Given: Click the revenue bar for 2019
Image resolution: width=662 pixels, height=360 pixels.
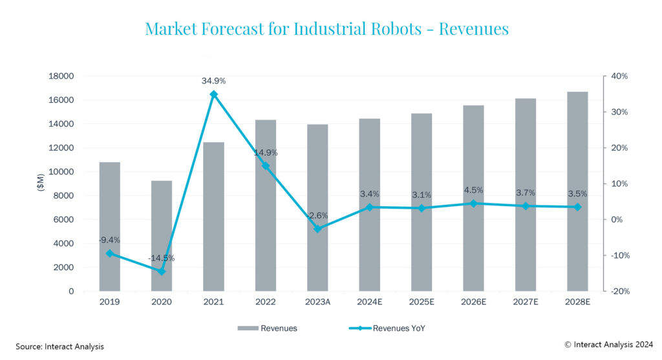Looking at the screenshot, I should click(x=109, y=226).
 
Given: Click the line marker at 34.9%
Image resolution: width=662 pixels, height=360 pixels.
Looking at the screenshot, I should click(x=214, y=94).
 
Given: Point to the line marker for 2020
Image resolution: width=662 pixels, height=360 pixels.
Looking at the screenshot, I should click(x=162, y=271).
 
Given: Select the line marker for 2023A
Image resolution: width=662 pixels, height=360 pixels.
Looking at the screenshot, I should click(x=317, y=229).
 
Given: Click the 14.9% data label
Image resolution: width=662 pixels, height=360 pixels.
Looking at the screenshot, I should click(x=265, y=153).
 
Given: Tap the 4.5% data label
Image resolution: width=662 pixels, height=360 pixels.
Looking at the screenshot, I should click(x=473, y=190).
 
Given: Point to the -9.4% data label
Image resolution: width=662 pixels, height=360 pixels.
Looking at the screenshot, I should click(x=109, y=240).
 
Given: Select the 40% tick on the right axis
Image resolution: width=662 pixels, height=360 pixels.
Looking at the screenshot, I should click(x=620, y=76).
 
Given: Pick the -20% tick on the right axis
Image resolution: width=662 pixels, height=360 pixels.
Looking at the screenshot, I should click(x=619, y=291).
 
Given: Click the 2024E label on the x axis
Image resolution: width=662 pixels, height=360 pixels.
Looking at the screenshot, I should click(x=369, y=302).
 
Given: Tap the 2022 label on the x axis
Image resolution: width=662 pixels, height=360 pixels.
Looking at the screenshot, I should click(x=265, y=302).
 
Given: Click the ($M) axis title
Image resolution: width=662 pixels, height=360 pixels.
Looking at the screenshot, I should click(x=40, y=184).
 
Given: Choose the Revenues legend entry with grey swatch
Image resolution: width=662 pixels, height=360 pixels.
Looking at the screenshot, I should click(x=268, y=328).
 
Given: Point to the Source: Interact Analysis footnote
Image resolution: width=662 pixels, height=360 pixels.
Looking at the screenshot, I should click(x=59, y=347).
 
